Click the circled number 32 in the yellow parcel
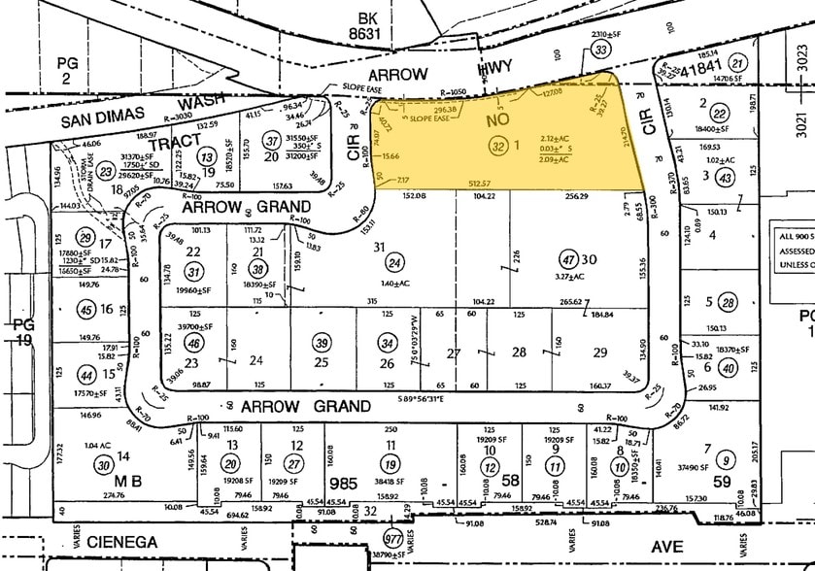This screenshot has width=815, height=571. point(500,147)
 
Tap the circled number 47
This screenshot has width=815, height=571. point(568,261)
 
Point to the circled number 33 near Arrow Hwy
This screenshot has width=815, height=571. point(603,50)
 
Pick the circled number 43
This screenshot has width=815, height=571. point(724,177)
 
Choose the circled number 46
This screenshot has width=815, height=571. point(194,344)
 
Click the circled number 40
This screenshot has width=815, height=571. point(729,366)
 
